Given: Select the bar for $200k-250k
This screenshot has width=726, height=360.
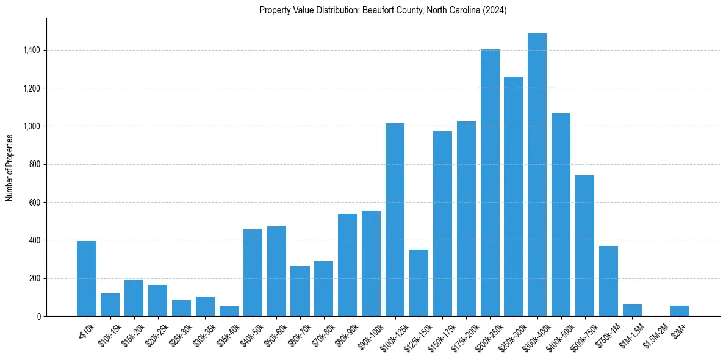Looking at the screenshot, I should [490, 183].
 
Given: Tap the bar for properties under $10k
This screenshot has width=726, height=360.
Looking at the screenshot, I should [87, 279].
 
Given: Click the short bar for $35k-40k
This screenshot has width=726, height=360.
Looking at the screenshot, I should [229, 311].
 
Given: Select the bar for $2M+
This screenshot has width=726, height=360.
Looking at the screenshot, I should [680, 311].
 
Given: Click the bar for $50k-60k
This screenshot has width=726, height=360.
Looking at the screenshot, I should [276, 272].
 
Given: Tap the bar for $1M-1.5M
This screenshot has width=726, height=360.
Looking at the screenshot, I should [632, 311].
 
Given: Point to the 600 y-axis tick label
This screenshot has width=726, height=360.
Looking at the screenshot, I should [35, 203].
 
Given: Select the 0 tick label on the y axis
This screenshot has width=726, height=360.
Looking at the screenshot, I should [39, 317].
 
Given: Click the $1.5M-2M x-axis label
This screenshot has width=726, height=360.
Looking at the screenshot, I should [653, 335].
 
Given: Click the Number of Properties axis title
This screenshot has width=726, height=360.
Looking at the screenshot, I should [9, 167].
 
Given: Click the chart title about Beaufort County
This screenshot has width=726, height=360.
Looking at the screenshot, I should [383, 10].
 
